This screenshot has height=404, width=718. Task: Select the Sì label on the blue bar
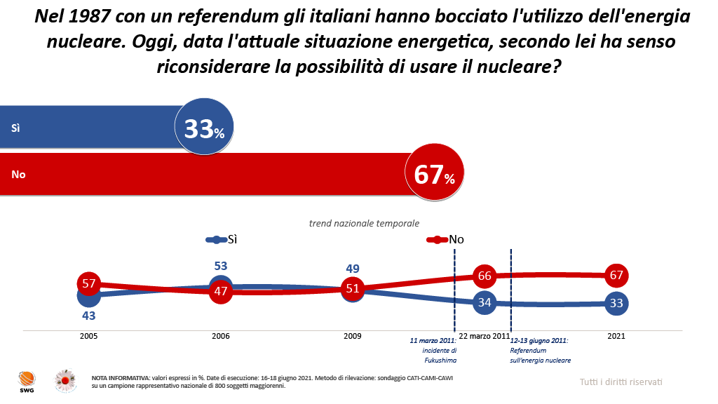[x=15, y=128]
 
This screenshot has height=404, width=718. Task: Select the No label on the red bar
[x=18, y=174]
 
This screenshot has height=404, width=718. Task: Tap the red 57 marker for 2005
[x=89, y=284]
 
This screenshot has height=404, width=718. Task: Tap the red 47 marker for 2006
[x=221, y=291]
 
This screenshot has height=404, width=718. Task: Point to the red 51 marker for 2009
[x=353, y=288]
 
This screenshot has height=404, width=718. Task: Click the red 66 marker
[x=485, y=276]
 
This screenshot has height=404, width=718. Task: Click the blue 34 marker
[x=485, y=302]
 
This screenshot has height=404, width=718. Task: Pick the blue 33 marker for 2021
[x=616, y=303]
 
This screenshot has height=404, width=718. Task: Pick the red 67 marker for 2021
[x=616, y=275]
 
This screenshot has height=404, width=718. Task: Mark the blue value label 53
[x=221, y=267]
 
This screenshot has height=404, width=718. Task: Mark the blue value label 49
[x=353, y=268]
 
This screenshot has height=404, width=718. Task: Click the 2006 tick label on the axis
[x=221, y=337]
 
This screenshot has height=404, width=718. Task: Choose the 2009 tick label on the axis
[x=353, y=337]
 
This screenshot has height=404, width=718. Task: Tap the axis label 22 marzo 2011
[x=484, y=337]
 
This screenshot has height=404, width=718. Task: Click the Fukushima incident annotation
[x=433, y=350]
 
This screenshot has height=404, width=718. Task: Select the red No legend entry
[x=447, y=239]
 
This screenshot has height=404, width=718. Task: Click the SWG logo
[x=27, y=381]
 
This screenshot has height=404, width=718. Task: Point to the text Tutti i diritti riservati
[x=621, y=382]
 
